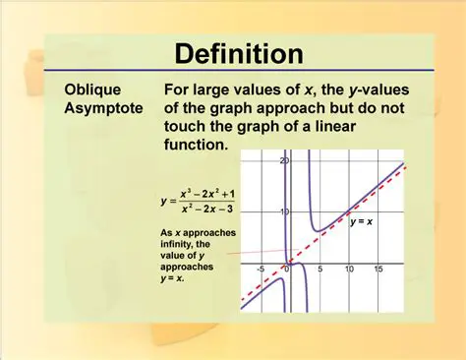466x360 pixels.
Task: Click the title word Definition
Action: [x=232, y=51]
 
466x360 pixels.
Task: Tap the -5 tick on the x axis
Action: [x=260, y=269]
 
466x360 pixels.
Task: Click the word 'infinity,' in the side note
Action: [x=182, y=245]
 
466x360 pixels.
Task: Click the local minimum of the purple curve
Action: [x=317, y=231]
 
